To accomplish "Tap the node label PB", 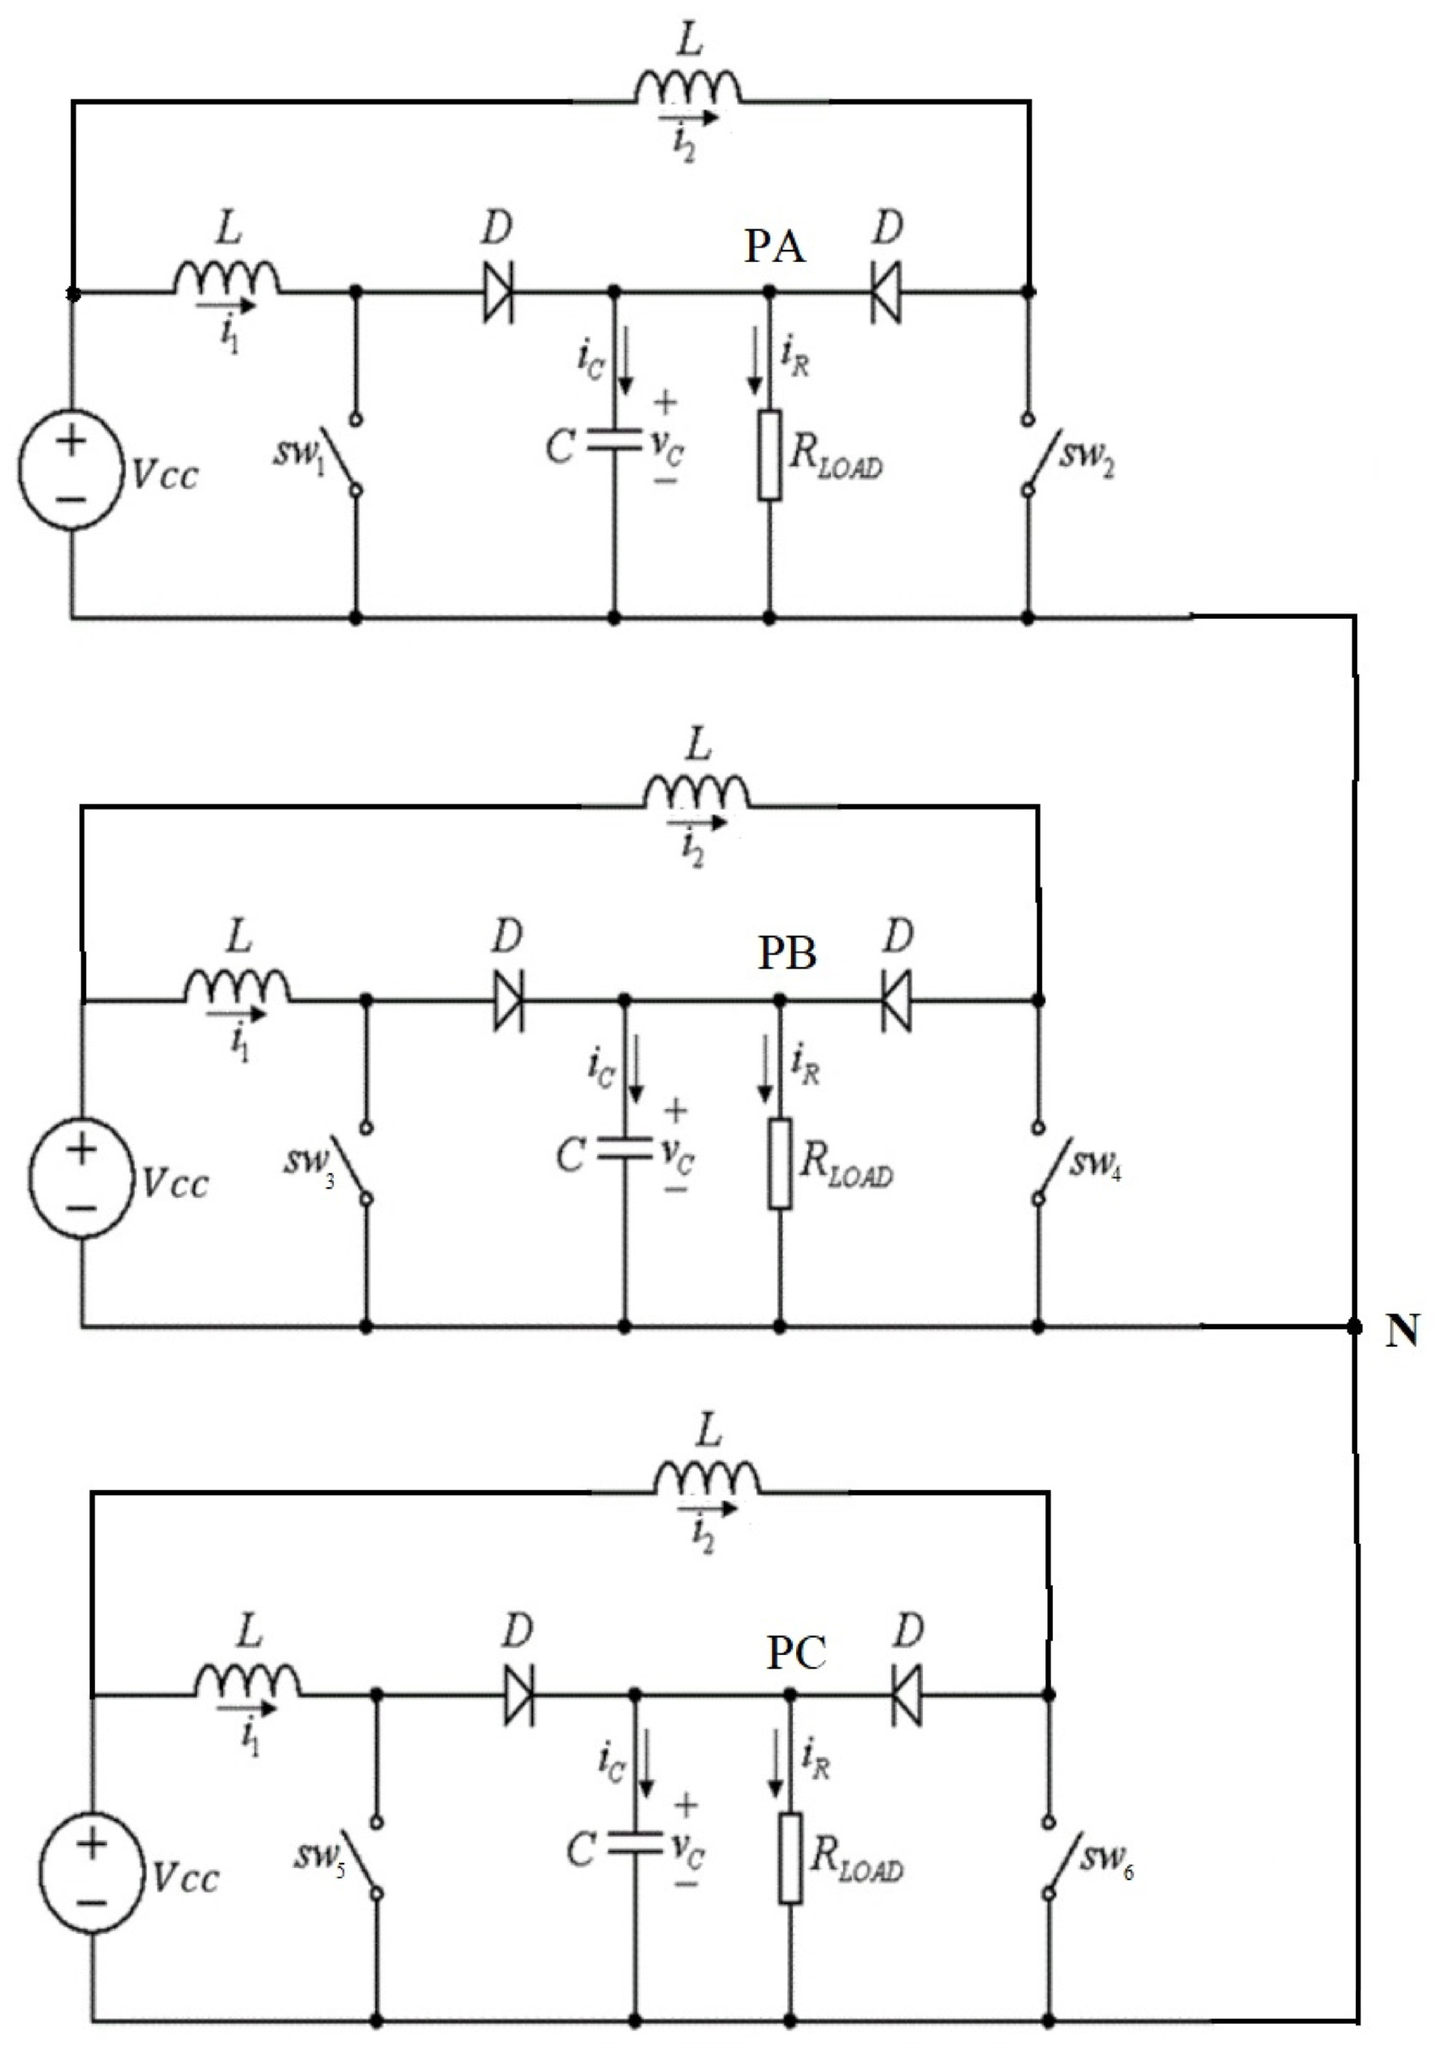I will click(x=787, y=954).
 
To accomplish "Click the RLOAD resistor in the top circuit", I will click(x=769, y=455).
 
